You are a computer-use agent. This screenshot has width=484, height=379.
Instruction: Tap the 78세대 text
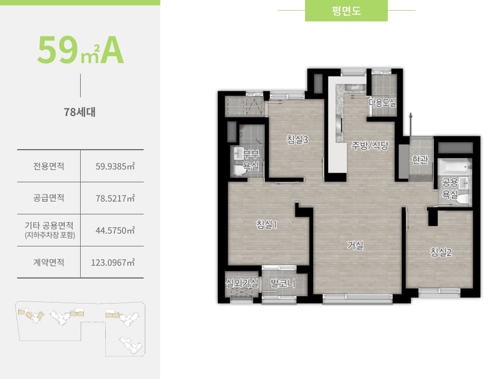pos(80,113)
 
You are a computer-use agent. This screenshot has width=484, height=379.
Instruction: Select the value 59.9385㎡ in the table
pos(114,166)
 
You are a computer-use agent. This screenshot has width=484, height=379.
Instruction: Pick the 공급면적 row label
pos(49,198)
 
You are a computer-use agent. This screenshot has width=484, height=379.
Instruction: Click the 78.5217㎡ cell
pos(114,198)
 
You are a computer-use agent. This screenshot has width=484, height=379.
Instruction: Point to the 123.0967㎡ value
pos(113,262)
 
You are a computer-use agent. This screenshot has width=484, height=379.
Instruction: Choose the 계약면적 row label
pos(49,262)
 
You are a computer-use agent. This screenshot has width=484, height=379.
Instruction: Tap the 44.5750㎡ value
pos(114,230)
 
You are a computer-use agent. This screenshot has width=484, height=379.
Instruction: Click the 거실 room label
pos(355,245)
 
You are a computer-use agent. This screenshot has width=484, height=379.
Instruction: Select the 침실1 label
pos(267,225)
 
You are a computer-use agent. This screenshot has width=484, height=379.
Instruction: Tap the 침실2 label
pos(441,252)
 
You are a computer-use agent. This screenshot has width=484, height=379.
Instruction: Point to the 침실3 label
pos(298,140)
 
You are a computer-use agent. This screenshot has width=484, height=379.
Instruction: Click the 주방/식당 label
pos(370,145)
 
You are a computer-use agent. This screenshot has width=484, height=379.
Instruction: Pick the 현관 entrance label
pos(420,160)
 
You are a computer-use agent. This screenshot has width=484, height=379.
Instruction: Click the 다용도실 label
pos(382,103)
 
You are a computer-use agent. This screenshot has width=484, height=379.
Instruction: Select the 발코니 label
pos(283,283)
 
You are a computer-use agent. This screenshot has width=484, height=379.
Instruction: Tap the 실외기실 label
pos(242,283)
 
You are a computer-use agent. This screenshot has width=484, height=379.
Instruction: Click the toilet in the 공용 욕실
pos(464,199)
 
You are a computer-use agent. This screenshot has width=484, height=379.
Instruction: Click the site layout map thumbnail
pos(80,328)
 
